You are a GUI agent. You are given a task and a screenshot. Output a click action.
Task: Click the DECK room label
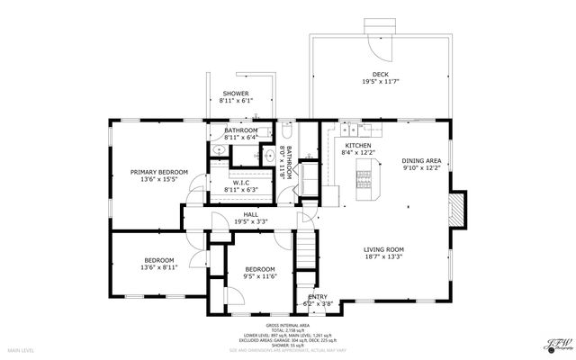pyautogui.click(x=381, y=75)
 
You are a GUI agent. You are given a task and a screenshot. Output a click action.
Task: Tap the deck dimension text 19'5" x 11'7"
pyautogui.click(x=381, y=83)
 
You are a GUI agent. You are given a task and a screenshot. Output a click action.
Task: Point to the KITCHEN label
pyautogui.click(x=358, y=145)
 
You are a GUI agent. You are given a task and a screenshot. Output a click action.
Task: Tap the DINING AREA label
pyautogui.click(x=422, y=160)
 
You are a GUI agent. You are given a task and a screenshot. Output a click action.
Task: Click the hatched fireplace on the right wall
pyautogui.click(x=457, y=211)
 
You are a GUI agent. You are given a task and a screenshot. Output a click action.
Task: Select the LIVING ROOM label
pyautogui.click(x=383, y=249)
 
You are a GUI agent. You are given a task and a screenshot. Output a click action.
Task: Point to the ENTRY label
pyautogui.click(x=318, y=296)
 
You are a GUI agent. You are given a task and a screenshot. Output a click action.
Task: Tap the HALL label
pyautogui.click(x=238, y=213)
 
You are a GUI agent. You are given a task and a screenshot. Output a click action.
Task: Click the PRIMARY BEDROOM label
pyautogui.click(x=159, y=172)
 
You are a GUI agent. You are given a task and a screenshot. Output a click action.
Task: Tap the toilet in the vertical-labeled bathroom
pyautogui.click(x=285, y=130)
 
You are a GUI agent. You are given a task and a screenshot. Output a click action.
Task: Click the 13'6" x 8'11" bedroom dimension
pyautogui.click(x=157, y=267)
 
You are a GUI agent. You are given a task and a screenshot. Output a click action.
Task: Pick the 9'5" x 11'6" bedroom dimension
pyautogui.click(x=260, y=277)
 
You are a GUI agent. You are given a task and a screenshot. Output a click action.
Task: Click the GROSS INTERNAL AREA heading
pyautogui.click(x=288, y=325)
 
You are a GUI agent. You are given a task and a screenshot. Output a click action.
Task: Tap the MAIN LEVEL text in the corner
pyautogui.click(x=21, y=349)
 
